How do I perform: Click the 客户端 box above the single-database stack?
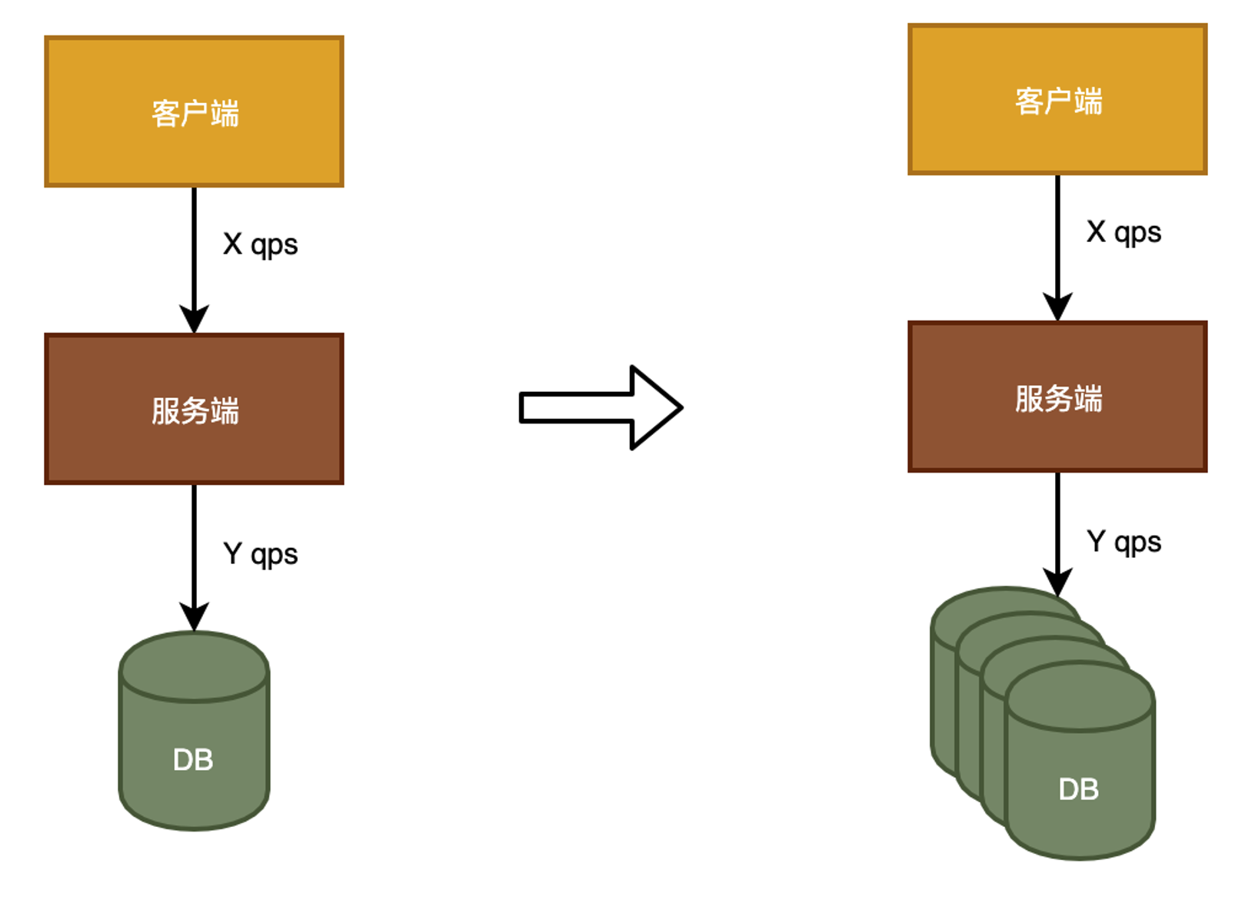tap(194, 111)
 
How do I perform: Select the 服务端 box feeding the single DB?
tap(194, 409)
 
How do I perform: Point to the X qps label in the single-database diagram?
tap(260, 244)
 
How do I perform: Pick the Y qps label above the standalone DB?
tap(260, 554)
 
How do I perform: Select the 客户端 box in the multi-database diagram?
tap(1057, 100)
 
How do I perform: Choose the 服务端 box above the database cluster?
tap(1057, 397)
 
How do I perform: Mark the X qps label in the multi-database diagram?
tap(1124, 232)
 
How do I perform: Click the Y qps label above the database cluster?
tap(1124, 542)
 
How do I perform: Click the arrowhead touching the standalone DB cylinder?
tap(194, 616)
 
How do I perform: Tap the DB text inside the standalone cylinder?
tap(193, 760)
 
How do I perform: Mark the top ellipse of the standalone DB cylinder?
tap(194, 667)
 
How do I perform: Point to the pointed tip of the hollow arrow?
tap(679, 407)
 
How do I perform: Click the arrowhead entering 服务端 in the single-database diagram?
tap(194, 318)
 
